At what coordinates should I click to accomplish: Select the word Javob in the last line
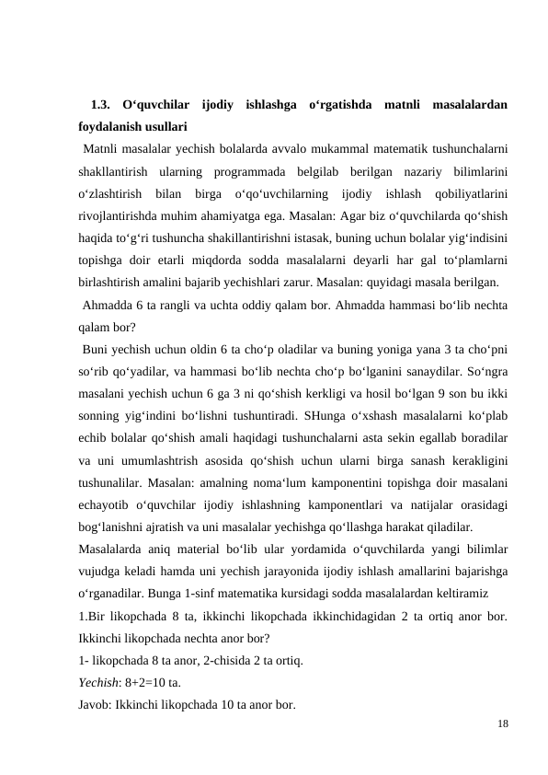click(95, 706)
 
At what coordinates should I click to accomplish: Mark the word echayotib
click(105, 506)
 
